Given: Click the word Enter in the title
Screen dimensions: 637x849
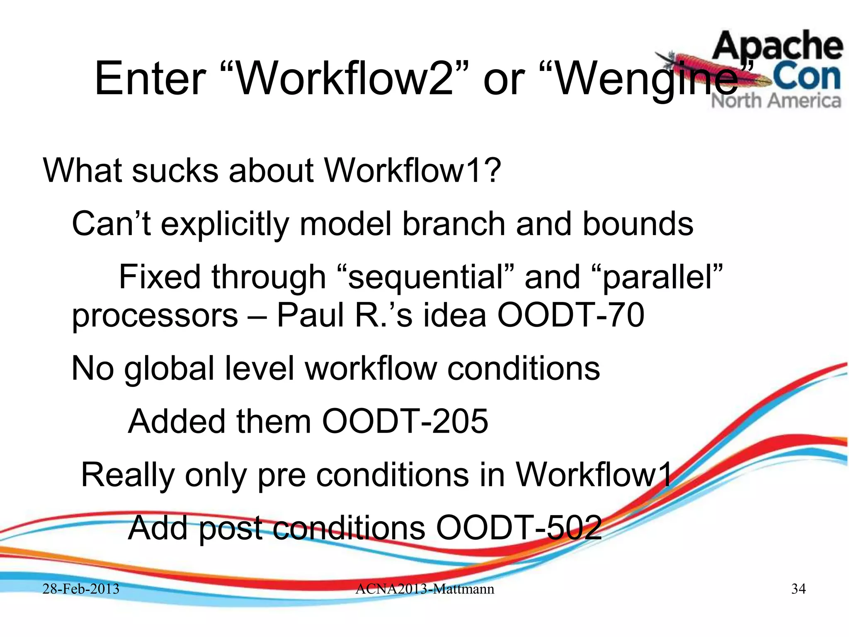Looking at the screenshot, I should point(150,78).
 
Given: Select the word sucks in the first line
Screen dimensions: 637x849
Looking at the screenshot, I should point(175,170).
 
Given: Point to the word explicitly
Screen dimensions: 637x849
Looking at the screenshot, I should point(225,224).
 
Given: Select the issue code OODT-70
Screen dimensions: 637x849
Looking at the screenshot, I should point(570,315).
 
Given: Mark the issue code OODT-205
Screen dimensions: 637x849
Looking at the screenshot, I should point(405,421).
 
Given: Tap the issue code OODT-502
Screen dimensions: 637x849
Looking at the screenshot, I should point(519,528).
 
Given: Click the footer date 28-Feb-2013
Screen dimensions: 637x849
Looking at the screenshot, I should point(81,589).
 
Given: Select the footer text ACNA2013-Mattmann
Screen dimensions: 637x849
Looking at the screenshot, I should point(424,589).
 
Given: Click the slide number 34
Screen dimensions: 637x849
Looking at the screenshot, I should point(798,589).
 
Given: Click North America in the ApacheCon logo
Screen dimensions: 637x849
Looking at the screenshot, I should point(776,101).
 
